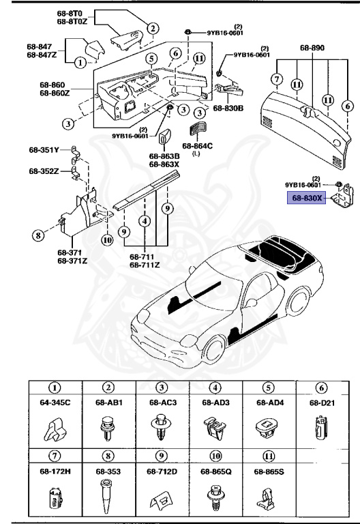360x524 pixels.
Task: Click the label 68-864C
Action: [197, 145]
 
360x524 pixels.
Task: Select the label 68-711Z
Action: [145, 265]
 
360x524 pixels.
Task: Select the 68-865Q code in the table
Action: [216, 471]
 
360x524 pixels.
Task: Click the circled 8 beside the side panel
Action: [38, 237]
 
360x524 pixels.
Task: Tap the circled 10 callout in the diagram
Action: [107, 239]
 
